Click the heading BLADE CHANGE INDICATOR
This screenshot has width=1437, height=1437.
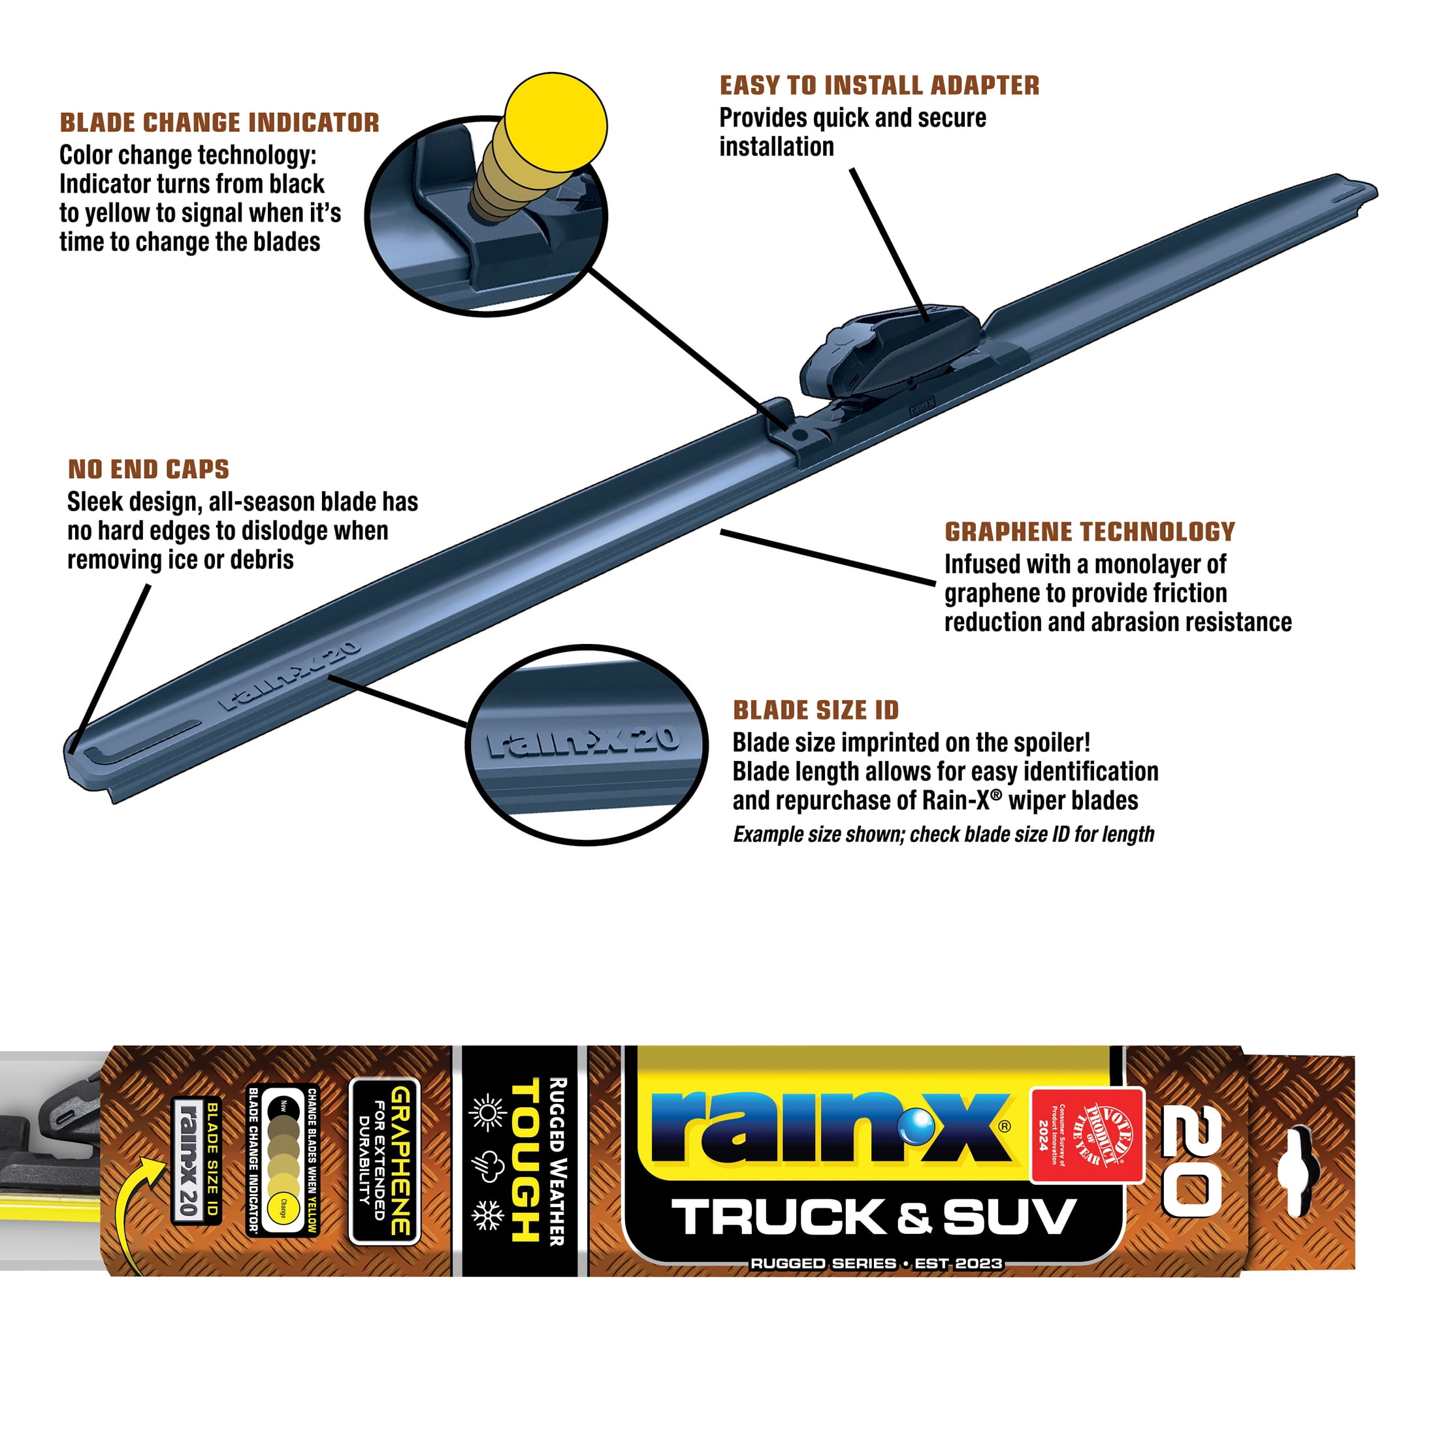219,123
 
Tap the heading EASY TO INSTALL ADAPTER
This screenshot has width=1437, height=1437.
879,86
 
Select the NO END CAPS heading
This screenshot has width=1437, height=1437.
149,470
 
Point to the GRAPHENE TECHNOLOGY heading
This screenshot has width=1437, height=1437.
1090,532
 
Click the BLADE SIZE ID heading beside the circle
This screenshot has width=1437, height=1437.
816,710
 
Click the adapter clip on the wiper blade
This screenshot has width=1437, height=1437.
889,349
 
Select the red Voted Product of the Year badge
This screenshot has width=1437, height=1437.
1087,1135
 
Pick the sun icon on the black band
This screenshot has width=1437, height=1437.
487,1114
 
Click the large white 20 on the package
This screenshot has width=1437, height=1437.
1191,1160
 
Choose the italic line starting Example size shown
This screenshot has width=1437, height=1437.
943,835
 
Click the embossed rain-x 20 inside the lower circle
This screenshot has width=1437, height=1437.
583,741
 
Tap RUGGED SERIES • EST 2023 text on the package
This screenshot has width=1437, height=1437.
876,1264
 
